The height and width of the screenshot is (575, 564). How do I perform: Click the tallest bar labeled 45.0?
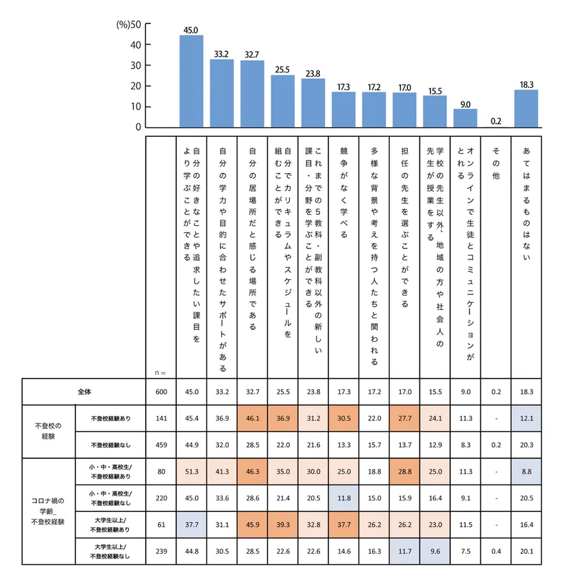coord(191,81)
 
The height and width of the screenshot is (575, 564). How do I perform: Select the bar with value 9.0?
coord(465,118)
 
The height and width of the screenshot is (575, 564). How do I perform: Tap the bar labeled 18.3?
coord(526,108)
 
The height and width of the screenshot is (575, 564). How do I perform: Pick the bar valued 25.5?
coord(282,101)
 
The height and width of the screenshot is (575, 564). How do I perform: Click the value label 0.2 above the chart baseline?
coord(495,121)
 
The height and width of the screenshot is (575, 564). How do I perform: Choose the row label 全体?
coord(84,392)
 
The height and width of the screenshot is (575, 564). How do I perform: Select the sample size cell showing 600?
coord(161,392)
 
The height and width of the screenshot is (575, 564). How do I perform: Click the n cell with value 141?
coord(161,419)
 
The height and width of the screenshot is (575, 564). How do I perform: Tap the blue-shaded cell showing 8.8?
coord(526,471)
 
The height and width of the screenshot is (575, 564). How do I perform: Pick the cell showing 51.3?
coord(191,471)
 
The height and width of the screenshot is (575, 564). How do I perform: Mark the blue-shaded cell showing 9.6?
coord(434,550)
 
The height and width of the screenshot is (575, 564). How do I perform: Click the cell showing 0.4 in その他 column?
coord(495,550)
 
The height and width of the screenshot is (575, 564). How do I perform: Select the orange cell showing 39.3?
coord(282,524)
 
